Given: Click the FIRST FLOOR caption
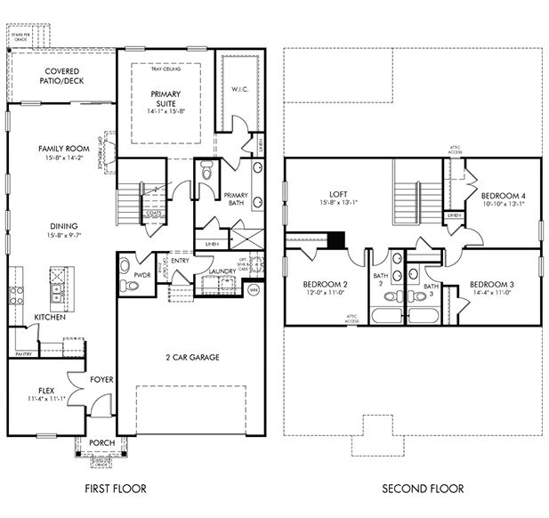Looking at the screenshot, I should coord(115,489).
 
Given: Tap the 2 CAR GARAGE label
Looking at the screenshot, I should coord(191,357).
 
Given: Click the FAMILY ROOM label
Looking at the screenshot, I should coord(61,149).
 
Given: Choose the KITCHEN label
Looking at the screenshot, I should coord(49,317).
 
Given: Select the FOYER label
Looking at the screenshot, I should coord(101,379).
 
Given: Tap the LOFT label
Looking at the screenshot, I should coord(336,193).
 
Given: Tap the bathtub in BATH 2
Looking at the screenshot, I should coord(386,316).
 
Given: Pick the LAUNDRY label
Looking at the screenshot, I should coord(222,271).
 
